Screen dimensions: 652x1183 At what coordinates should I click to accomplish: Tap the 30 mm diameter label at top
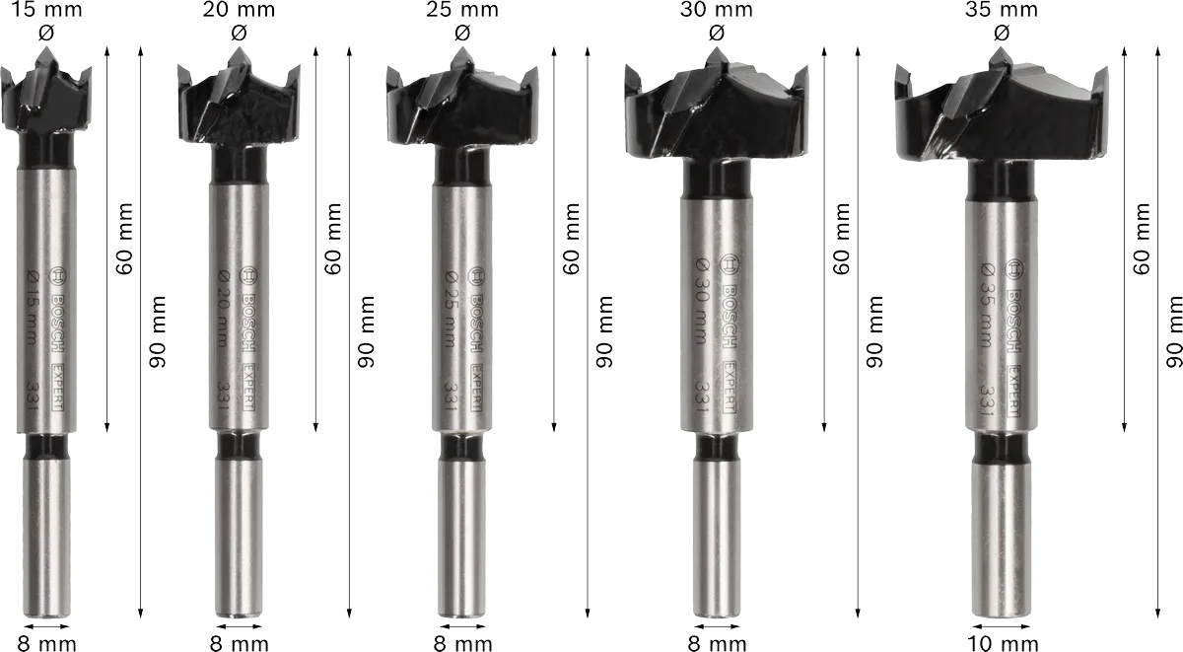click(x=717, y=11)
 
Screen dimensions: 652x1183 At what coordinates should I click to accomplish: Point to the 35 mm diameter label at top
click(x=1002, y=11)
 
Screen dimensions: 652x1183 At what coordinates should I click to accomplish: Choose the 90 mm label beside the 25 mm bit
click(x=603, y=330)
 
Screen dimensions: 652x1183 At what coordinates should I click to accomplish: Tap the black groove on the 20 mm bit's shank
click(x=238, y=446)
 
